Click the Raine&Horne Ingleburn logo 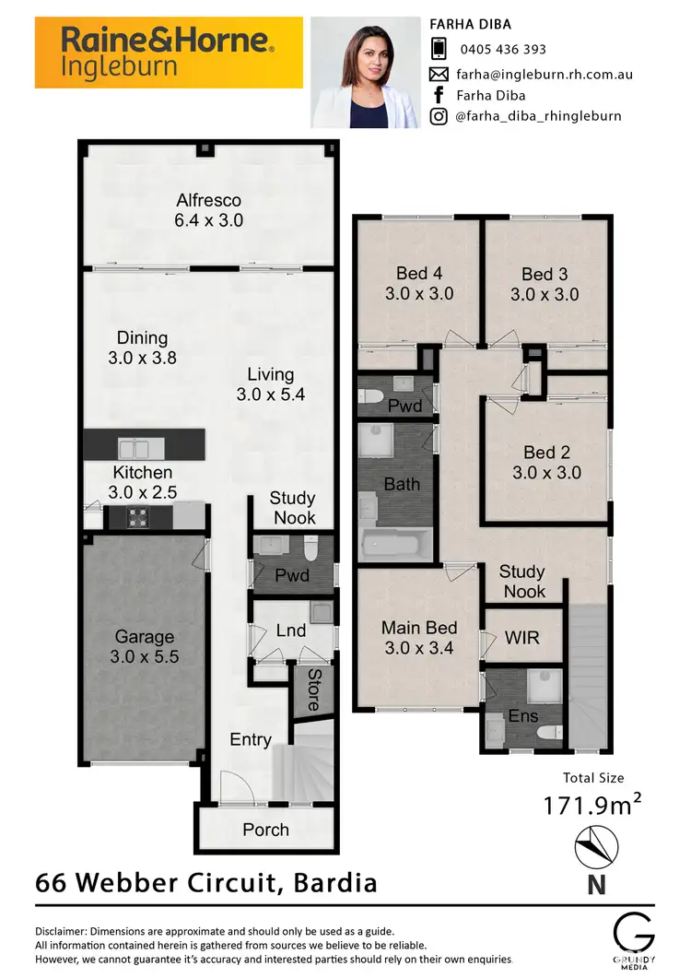tap(169, 53)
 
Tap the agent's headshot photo tap(366, 72)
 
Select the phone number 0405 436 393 tap(501, 50)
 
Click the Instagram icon tap(439, 116)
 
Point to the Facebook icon tap(439, 94)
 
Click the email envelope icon tap(439, 74)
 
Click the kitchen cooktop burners tap(139, 517)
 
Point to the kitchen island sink tap(141, 448)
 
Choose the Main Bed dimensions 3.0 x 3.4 tap(419, 647)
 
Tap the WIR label tap(521, 638)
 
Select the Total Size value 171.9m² tap(592, 806)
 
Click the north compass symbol tap(593, 848)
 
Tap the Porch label tap(265, 831)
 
